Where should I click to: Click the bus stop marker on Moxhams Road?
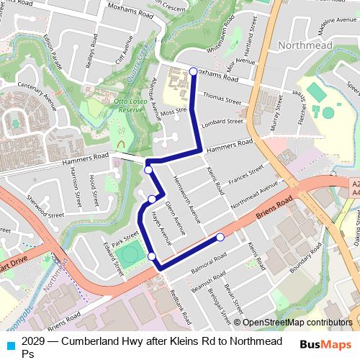pos(193,71)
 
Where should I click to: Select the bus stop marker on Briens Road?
pos(220,237)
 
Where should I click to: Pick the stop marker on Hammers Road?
pos(148,170)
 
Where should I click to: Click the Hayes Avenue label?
pos(161,228)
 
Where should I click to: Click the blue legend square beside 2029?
pos(9,343)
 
